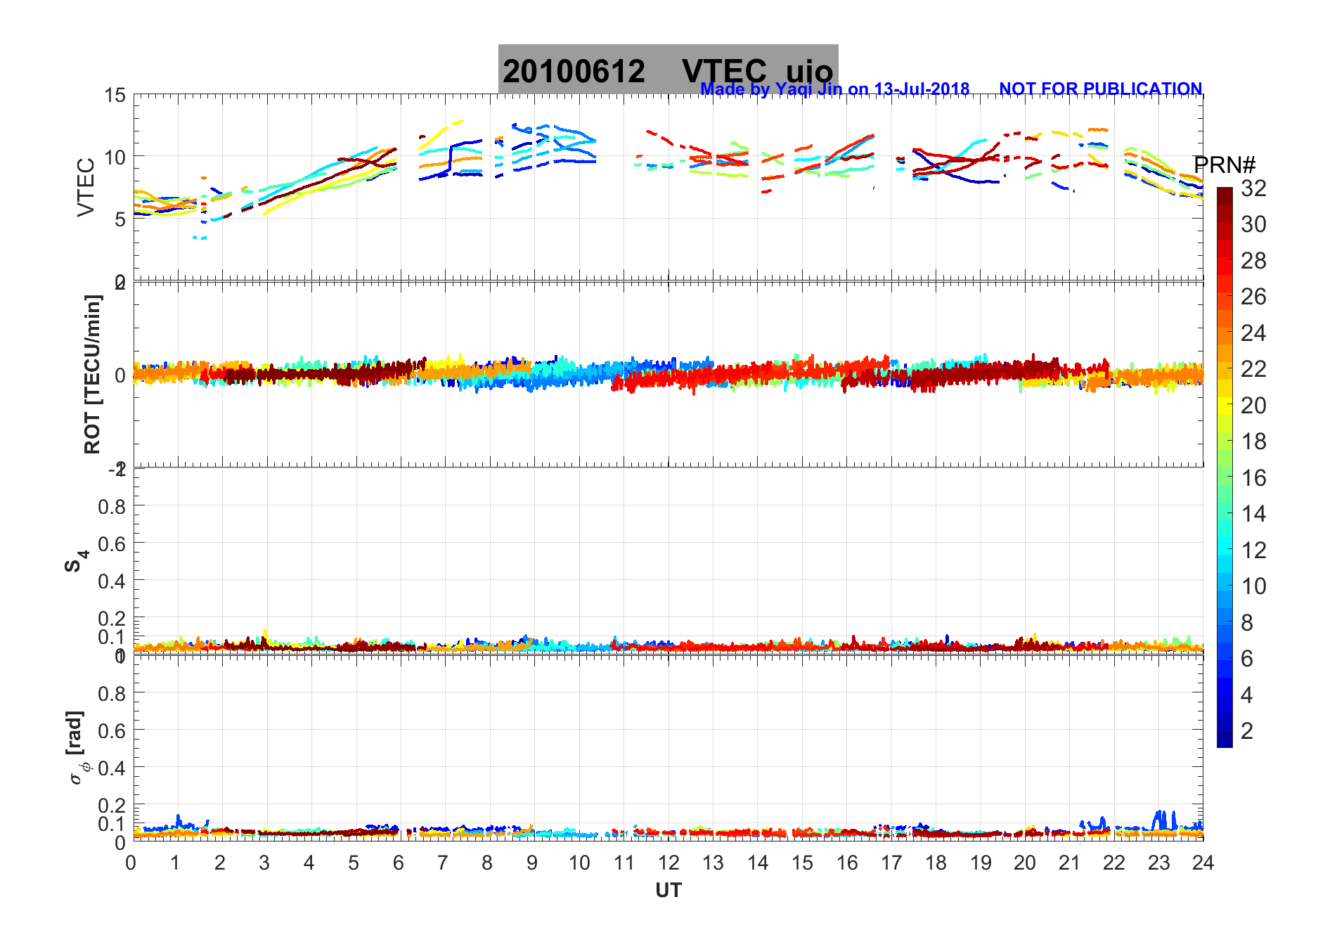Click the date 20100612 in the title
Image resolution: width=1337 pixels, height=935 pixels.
pos(574,72)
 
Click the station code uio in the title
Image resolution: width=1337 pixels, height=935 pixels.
pos(809,72)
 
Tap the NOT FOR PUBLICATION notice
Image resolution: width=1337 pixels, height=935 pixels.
pos(1100,89)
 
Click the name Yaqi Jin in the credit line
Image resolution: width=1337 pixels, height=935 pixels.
pos(808,89)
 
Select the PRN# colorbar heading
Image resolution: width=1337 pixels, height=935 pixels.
pos(1225,166)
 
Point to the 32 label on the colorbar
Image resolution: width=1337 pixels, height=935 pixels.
pos(1253,188)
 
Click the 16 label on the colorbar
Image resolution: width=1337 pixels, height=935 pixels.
pos(1253,478)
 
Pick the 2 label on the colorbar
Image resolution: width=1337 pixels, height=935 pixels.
pos(1247,731)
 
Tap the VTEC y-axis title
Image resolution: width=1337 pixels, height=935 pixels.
pos(86,187)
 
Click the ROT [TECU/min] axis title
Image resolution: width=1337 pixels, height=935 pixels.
pos(93,374)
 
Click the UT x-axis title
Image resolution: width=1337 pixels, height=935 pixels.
pos(668,891)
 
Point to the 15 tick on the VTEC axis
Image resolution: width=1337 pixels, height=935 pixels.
pos(115,96)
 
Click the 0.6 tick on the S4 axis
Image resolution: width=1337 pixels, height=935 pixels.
pos(112,543)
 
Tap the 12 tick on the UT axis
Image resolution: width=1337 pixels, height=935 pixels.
pos(668,863)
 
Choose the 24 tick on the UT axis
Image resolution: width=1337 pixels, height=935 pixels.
pos(1203,863)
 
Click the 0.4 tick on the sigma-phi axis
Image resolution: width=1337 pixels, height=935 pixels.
pos(112,768)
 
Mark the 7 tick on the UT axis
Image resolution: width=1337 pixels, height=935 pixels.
pos(443,863)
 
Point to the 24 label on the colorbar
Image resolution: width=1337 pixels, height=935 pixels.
pos(1253,333)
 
